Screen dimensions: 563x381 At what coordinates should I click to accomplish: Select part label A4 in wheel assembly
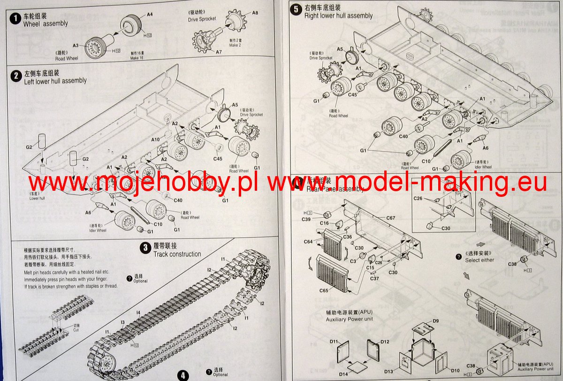coord(150,15)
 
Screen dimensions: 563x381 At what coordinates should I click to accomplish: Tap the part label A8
coord(255,13)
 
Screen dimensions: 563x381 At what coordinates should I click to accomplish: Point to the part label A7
coord(219,52)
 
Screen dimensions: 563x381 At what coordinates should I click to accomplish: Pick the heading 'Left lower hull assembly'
coord(55,81)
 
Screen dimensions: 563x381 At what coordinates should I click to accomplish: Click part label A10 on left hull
coord(155,139)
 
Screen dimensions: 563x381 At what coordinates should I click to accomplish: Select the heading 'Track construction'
coord(177,254)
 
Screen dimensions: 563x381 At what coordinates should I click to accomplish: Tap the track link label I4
coord(138,312)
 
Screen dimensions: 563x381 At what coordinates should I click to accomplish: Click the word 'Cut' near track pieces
coord(76,330)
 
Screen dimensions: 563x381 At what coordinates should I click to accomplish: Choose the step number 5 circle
coord(296,9)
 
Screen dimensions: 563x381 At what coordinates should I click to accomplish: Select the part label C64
coord(308,242)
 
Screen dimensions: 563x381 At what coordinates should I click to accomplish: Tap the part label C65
coord(324,290)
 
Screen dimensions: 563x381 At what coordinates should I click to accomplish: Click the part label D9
coord(435,321)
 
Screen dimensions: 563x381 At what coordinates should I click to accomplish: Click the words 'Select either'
coord(479,260)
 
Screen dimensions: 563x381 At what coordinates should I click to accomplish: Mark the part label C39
coord(306,219)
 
